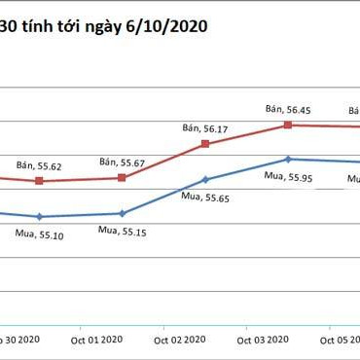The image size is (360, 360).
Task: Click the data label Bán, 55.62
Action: (40, 165)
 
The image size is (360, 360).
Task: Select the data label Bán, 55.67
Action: (123, 162)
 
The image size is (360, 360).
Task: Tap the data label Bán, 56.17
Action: (205, 127)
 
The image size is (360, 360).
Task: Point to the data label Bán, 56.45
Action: (288, 109)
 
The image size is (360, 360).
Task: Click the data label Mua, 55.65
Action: (205, 197)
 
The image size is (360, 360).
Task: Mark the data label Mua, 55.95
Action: (288, 176)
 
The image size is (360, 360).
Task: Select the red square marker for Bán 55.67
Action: (123, 178)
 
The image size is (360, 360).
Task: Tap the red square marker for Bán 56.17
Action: (205, 144)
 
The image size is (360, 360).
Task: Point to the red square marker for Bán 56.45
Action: (288, 125)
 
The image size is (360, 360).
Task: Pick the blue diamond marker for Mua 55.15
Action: (123, 213)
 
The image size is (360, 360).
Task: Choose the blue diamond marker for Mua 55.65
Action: (205, 179)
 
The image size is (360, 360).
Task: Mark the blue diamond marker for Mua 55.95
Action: (288, 159)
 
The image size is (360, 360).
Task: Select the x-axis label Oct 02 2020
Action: (181, 341)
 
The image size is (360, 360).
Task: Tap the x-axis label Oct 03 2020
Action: (264, 341)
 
